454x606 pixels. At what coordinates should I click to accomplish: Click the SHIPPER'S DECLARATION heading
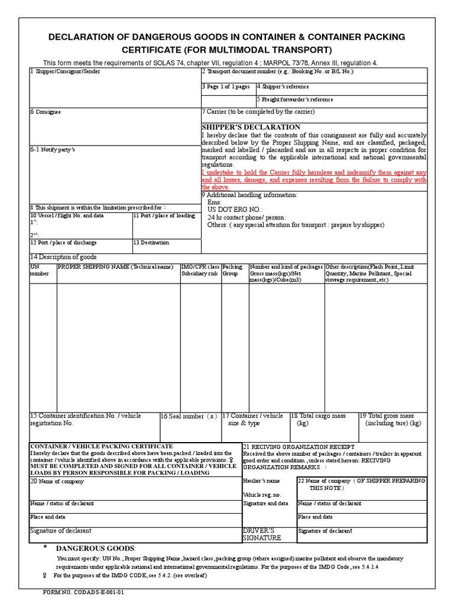tap(251, 127)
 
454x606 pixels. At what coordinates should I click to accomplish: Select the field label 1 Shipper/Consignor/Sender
tap(65, 72)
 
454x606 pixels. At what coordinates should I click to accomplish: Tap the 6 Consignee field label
tap(46, 112)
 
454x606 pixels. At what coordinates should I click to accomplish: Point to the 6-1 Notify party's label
tap(53, 150)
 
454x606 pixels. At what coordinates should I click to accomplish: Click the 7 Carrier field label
tap(258, 112)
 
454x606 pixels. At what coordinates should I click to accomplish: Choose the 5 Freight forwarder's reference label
tap(295, 99)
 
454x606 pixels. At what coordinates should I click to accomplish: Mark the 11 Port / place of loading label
tap(164, 216)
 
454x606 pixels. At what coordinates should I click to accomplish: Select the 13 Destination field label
tap(151, 243)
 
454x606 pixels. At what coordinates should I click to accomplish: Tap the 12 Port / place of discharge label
tap(63, 243)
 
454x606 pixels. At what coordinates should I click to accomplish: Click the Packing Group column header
tap(232, 270)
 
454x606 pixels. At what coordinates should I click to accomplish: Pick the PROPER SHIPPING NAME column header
tap(115, 267)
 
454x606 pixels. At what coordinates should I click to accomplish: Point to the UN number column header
tap(40, 270)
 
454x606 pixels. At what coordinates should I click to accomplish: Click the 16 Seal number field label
tap(189, 417)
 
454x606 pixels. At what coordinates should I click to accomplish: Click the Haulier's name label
tap(261, 481)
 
